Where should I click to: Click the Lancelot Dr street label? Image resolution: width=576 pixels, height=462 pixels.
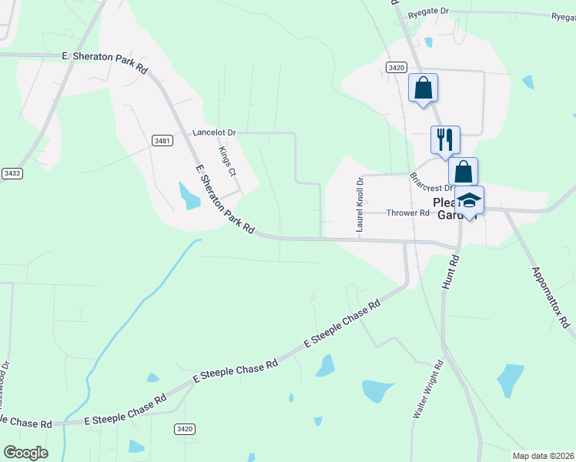(x=214, y=132)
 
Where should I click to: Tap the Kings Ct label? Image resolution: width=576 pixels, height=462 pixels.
(x=227, y=162)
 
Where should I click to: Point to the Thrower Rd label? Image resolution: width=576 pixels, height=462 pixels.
(x=407, y=213)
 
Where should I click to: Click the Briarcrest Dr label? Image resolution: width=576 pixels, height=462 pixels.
(x=430, y=179)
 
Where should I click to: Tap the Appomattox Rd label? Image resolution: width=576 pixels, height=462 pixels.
(x=550, y=296)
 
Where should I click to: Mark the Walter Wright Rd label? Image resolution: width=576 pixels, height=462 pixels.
(x=430, y=388)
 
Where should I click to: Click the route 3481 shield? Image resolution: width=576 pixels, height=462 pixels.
(x=162, y=140)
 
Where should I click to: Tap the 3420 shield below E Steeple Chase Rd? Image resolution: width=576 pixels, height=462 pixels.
(x=185, y=429)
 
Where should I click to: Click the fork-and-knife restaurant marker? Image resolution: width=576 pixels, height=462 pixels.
(x=445, y=139)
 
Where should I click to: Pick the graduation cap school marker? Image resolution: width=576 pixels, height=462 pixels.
(x=469, y=202)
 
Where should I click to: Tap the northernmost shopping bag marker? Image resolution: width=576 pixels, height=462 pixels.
(x=423, y=87)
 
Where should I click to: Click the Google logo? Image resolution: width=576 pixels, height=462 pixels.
(x=25, y=453)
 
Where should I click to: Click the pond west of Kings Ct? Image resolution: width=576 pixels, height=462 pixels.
(x=189, y=196)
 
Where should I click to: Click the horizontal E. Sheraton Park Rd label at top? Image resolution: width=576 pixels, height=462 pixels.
(x=105, y=58)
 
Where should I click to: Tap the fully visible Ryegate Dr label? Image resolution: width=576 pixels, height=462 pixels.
(x=428, y=12)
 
